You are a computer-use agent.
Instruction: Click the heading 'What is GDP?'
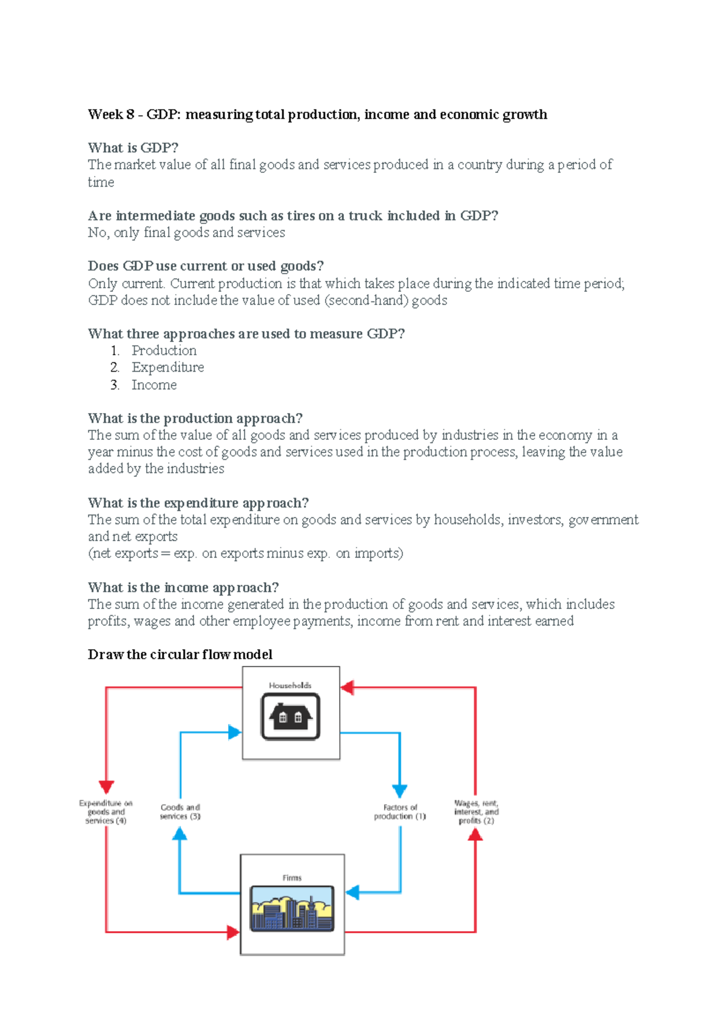tap(133, 148)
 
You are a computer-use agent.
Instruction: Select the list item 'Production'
tap(164, 351)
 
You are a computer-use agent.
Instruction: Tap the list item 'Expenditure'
tap(167, 368)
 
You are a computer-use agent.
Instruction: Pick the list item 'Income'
tap(154, 385)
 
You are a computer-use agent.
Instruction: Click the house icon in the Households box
tap(291, 717)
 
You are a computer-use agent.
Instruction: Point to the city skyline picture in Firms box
tap(292, 908)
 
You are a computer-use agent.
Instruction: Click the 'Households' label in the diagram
tap(290, 685)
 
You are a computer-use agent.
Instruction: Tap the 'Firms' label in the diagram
tap(292, 878)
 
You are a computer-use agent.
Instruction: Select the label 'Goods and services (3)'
tap(180, 812)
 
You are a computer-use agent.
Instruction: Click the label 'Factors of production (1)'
tap(400, 812)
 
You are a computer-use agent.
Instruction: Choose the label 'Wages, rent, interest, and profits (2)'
tap(476, 812)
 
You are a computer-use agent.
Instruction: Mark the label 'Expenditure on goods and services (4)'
tap(106, 812)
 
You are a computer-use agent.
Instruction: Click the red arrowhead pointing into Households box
tap(347, 687)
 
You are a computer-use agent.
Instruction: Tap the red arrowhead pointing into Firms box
tap(233, 932)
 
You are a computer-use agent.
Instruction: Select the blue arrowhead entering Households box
tap(235, 732)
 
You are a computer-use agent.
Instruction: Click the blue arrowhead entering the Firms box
tap(352, 892)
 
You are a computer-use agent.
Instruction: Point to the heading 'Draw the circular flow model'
tap(180, 655)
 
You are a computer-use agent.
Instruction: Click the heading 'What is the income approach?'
tap(183, 587)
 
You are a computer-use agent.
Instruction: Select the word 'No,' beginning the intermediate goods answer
tap(98, 233)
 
